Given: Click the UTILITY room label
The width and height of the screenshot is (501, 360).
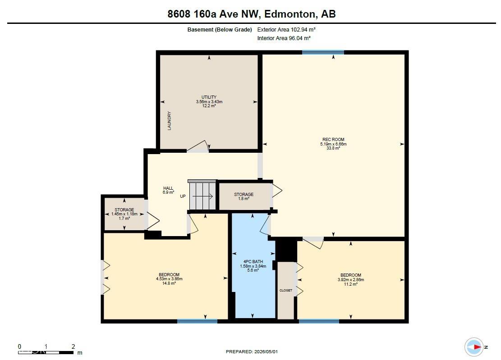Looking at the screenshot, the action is click(209, 97).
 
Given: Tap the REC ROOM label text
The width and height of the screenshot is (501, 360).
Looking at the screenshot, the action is click(333, 140).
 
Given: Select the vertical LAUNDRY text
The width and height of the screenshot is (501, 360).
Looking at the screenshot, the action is click(170, 121).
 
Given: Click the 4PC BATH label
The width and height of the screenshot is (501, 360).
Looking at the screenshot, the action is click(253, 262).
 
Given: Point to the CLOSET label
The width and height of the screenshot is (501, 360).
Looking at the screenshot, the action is click(285, 291).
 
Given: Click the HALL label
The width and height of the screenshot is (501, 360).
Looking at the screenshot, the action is click(168, 188).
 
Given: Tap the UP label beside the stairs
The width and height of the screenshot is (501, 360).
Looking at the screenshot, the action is click(183, 196).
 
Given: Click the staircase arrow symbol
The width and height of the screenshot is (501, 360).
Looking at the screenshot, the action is click(202, 196).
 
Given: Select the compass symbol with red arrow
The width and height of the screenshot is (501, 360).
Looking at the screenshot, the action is click(474, 347).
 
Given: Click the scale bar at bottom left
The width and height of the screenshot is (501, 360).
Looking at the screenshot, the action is click(46, 352).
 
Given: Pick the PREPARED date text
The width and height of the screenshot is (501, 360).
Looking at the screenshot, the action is click(252, 352).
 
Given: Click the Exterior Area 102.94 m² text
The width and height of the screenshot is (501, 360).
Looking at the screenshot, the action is click(286, 30).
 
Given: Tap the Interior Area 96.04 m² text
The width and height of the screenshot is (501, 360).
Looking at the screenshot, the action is click(284, 38).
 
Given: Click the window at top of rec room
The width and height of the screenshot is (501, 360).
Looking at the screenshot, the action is click(323, 52).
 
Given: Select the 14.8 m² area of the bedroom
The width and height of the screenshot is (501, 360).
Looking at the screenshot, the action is click(169, 283).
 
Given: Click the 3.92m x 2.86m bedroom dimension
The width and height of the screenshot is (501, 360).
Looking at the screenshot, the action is click(351, 280).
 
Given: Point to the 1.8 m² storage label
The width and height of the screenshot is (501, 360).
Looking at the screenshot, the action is click(244, 199).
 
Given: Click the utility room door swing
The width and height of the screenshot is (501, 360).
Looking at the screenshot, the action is click(198, 146).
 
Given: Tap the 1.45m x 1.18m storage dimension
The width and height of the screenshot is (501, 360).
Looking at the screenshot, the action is click(124, 214).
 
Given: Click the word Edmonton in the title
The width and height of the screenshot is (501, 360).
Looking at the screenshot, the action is click(289, 14).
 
